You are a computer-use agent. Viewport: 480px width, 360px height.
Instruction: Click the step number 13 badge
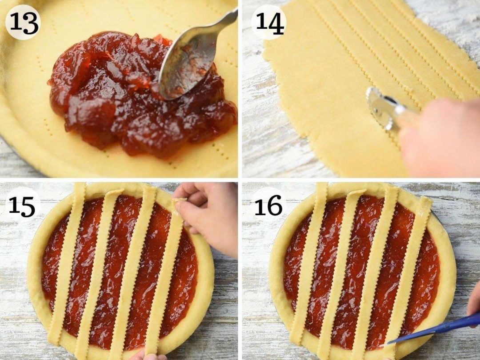click(x=23, y=22)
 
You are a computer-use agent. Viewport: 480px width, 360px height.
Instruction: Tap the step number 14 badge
click(x=268, y=22)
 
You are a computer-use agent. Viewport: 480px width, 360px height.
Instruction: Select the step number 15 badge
click(x=23, y=206)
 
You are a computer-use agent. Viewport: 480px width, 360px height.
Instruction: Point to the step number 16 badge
click(x=268, y=206)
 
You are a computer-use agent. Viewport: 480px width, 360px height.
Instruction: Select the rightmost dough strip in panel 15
click(x=167, y=276)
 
